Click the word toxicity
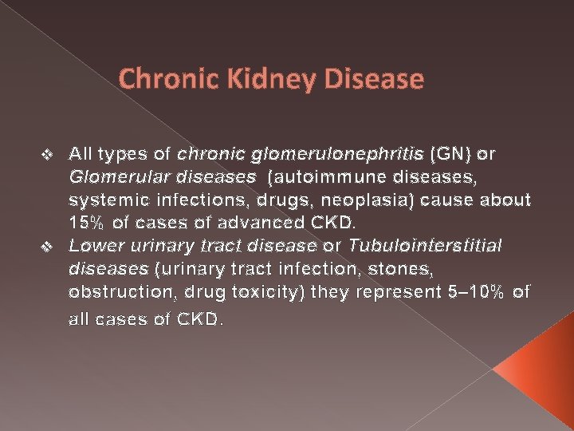[253, 292]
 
